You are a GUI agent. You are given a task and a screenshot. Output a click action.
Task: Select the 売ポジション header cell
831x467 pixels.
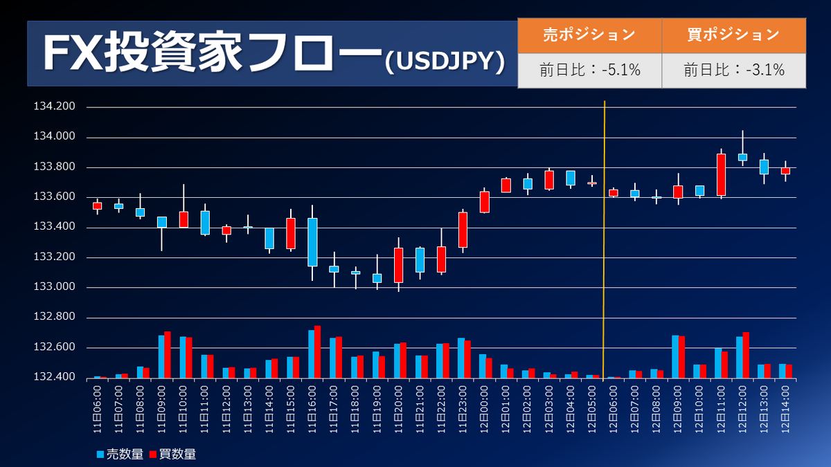pyautogui.click(x=589, y=35)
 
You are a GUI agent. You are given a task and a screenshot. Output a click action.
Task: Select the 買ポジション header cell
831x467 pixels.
pyautogui.click(x=733, y=35)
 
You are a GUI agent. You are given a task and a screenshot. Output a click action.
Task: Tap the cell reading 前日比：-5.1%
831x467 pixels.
pyautogui.click(x=589, y=70)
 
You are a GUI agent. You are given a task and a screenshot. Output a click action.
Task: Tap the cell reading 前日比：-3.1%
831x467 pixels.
pyautogui.click(x=733, y=70)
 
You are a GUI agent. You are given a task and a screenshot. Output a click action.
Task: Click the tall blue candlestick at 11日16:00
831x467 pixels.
pyautogui.click(x=312, y=241)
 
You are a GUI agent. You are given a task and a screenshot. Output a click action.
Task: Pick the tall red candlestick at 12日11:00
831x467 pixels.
pyautogui.click(x=721, y=174)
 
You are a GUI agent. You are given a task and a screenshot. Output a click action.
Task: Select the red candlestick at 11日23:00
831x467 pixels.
pyautogui.click(x=463, y=230)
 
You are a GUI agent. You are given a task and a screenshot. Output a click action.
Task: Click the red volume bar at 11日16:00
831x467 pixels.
pyautogui.click(x=317, y=352)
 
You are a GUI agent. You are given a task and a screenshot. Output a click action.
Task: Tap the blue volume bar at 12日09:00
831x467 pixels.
pyautogui.click(x=675, y=357)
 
